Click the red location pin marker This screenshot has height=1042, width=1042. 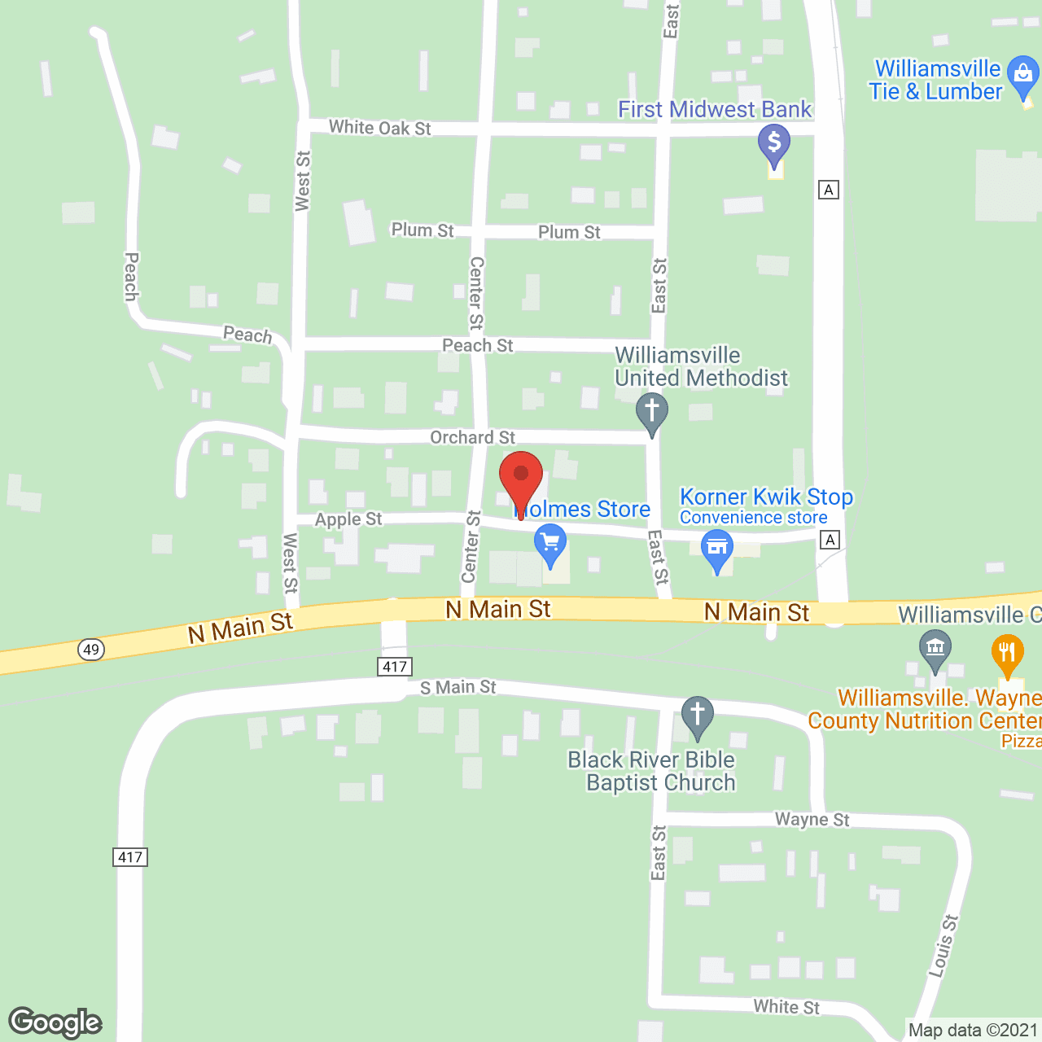[521, 476]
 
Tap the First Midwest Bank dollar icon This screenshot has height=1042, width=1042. [774, 142]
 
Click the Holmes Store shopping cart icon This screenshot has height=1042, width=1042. [550, 541]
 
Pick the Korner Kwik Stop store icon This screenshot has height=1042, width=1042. [717, 547]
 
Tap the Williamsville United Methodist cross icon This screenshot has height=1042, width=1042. [651, 410]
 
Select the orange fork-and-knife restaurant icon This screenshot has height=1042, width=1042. [1008, 652]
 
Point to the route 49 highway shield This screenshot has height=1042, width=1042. [91, 649]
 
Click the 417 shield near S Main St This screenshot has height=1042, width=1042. [395, 667]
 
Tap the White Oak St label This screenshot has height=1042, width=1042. [379, 128]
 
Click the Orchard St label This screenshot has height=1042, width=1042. [472, 438]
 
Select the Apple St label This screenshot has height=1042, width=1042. [348, 519]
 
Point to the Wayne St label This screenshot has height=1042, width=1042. [812, 819]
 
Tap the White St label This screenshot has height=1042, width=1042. [786, 1007]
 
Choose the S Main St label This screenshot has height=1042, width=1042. [458, 688]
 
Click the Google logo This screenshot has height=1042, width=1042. [55, 1022]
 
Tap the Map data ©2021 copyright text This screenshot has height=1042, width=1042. [973, 1031]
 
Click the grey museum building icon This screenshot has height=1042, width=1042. [935, 648]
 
